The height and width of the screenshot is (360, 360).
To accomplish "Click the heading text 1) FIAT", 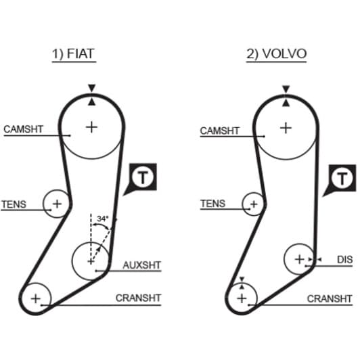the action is pyautogui.click(x=74, y=54).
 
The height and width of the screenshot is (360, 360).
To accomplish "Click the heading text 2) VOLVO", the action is pyautogui.click(x=276, y=54).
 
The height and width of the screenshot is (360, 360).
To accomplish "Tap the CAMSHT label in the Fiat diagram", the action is pyautogui.click(x=24, y=129).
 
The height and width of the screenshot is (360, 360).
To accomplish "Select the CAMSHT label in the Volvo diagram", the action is pyautogui.click(x=220, y=131).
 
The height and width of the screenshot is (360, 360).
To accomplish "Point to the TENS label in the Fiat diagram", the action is pyautogui.click(x=14, y=204).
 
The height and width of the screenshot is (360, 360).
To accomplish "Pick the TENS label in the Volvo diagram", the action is pyautogui.click(x=213, y=204).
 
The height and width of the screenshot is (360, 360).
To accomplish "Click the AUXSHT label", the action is pyautogui.click(x=141, y=265).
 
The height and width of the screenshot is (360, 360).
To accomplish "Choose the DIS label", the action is pyautogui.click(x=344, y=260).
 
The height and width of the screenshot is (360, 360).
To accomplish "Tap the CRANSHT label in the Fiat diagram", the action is pyautogui.click(x=138, y=298).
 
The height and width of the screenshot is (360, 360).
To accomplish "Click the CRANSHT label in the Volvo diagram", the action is pyautogui.click(x=330, y=298).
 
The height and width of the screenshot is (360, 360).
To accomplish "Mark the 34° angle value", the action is pyautogui.click(x=102, y=219).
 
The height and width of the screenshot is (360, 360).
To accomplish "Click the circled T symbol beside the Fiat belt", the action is pyautogui.click(x=143, y=177).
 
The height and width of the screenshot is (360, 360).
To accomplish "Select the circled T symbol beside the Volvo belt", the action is pyautogui.click(x=342, y=179).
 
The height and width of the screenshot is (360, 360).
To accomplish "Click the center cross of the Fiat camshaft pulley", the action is pyautogui.click(x=91, y=127).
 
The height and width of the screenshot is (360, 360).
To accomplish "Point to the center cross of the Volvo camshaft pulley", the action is pyautogui.click(x=286, y=128).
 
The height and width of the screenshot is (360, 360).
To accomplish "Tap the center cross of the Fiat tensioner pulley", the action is pyautogui.click(x=57, y=204).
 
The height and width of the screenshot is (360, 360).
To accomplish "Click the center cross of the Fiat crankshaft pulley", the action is pyautogui.click(x=36, y=298).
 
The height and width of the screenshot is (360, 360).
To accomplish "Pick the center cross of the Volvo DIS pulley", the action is pyautogui.click(x=299, y=259).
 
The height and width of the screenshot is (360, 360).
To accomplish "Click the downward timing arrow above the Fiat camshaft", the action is pyautogui.click(x=92, y=88).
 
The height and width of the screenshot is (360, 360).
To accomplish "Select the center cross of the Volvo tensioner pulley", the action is pyautogui.click(x=254, y=204).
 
